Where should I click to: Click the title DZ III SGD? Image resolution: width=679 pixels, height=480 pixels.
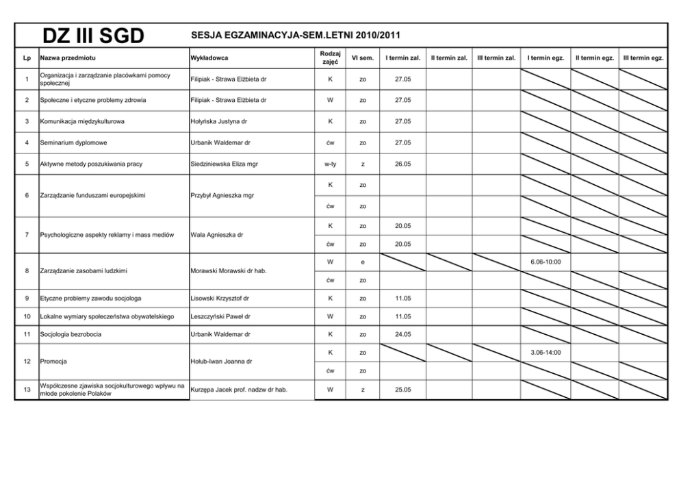click(93, 36)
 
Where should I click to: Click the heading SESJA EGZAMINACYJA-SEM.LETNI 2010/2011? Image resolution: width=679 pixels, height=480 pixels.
click(296, 36)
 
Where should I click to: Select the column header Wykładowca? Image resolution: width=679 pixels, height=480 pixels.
click(209, 58)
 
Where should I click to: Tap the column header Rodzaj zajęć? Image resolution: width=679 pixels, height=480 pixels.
click(330, 58)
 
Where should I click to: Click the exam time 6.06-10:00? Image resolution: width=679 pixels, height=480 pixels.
click(545, 262)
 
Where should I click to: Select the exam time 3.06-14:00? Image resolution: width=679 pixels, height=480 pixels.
click(545, 352)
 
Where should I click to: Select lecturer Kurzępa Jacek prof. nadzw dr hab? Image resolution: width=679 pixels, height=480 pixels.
click(239, 390)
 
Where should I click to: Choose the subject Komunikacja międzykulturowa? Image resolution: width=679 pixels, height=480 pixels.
click(82, 121)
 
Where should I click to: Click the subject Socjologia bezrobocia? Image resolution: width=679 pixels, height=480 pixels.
click(71, 334)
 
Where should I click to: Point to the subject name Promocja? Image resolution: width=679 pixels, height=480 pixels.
click(53, 361)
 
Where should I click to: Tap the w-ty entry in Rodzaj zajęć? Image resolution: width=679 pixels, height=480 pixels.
click(330, 164)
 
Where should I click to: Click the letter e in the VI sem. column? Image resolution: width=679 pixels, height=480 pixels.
click(363, 262)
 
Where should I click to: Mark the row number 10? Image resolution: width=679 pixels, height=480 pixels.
click(27, 316)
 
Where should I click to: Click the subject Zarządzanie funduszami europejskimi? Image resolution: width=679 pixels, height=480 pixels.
click(92, 195)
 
